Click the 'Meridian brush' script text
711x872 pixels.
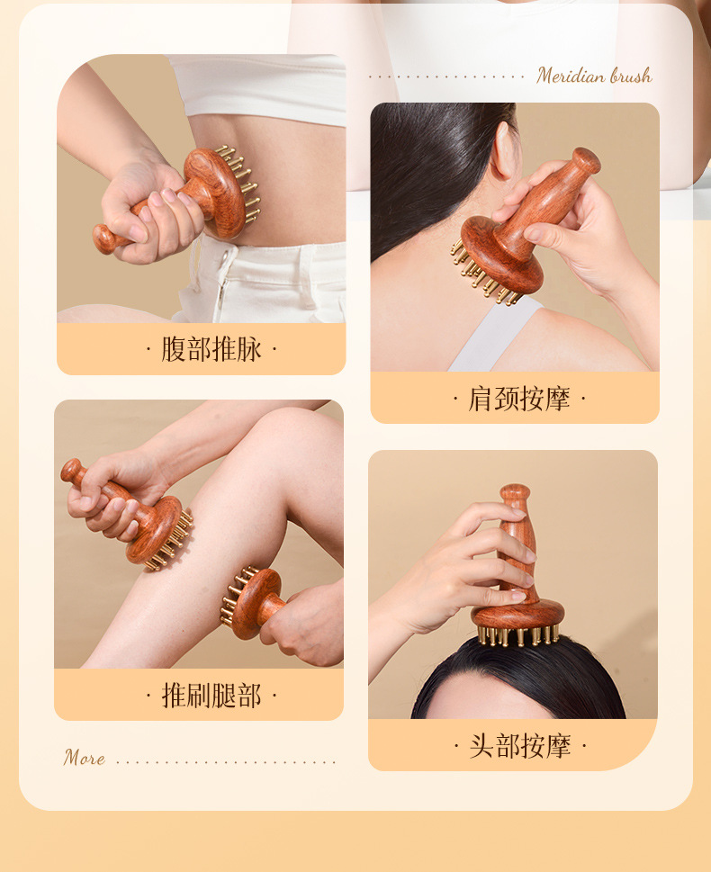click(594, 76)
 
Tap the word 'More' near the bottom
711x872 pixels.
click(84, 758)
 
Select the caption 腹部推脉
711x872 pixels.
click(211, 349)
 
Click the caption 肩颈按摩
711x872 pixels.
click(519, 399)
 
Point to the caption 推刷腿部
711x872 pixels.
click(211, 695)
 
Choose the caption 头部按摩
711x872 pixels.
click(520, 746)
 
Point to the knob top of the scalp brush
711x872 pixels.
click(515, 493)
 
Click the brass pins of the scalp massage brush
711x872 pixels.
click(518, 634)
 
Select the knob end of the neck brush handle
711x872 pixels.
click(586, 160)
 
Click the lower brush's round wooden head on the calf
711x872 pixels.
click(256, 603)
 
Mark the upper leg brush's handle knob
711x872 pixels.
click(71, 471)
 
